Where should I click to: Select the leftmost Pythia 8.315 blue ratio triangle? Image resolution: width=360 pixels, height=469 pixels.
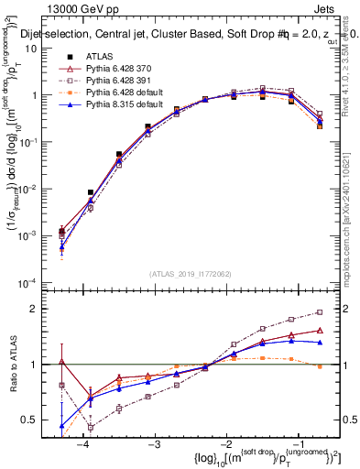point(61,426)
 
